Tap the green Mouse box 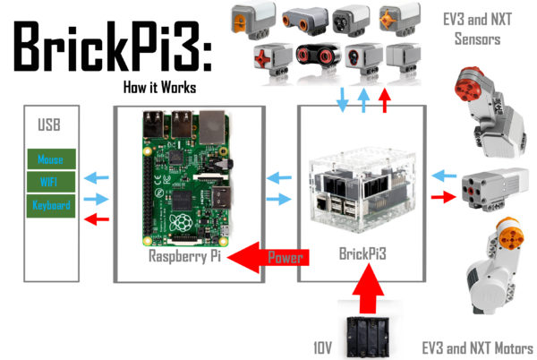(51, 159)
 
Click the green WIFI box (51, 183)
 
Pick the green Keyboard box (51, 204)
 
